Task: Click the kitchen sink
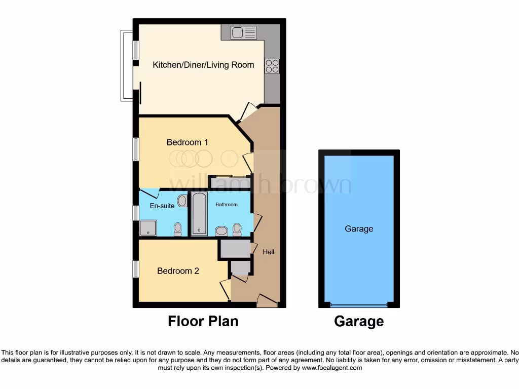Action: click(x=244, y=33)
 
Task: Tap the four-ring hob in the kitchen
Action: click(x=272, y=66)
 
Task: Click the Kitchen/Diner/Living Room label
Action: click(x=203, y=65)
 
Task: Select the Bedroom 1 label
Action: click(x=187, y=142)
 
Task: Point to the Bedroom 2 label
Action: click(x=178, y=271)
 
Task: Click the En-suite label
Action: click(x=162, y=206)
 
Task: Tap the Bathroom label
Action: click(x=226, y=205)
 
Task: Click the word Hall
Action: click(x=268, y=252)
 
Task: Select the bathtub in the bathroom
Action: click(x=199, y=214)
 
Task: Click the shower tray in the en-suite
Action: click(x=148, y=228)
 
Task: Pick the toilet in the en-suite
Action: click(x=177, y=229)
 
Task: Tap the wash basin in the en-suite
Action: click(x=182, y=201)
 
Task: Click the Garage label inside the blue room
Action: click(x=359, y=229)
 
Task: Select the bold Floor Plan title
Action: click(x=203, y=321)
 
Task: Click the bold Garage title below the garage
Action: click(x=359, y=321)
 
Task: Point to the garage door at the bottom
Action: click(x=358, y=305)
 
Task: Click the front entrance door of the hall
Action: click(x=267, y=301)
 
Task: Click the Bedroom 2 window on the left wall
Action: click(x=135, y=269)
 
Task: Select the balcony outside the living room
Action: click(x=126, y=65)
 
